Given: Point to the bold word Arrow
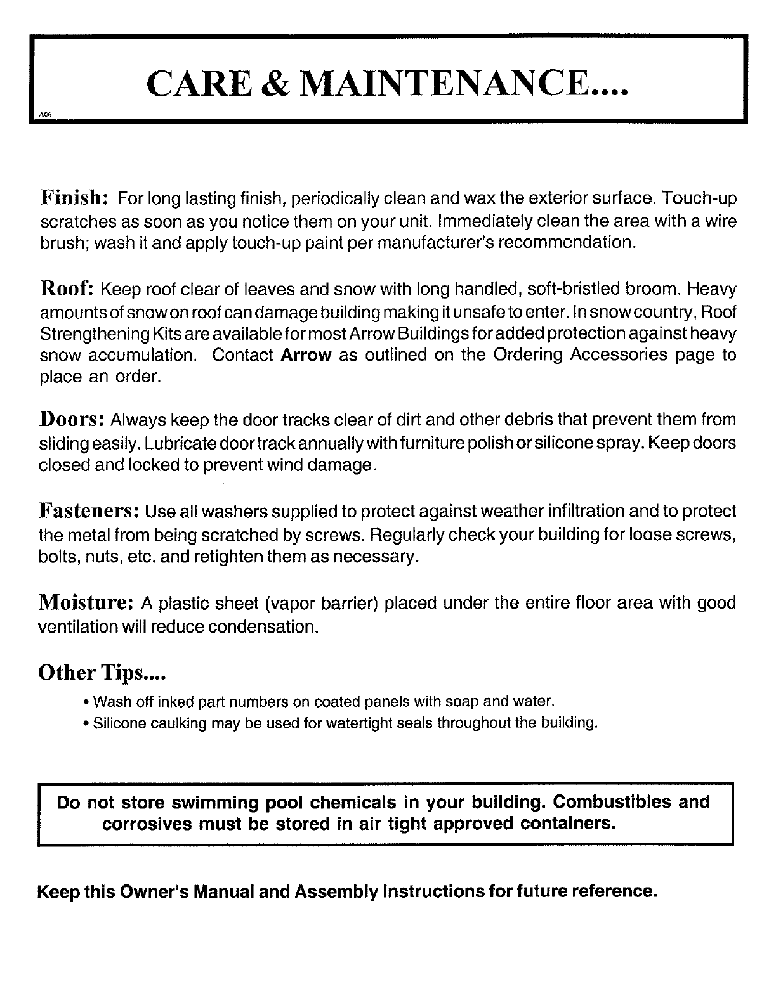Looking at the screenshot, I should pos(306,355).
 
